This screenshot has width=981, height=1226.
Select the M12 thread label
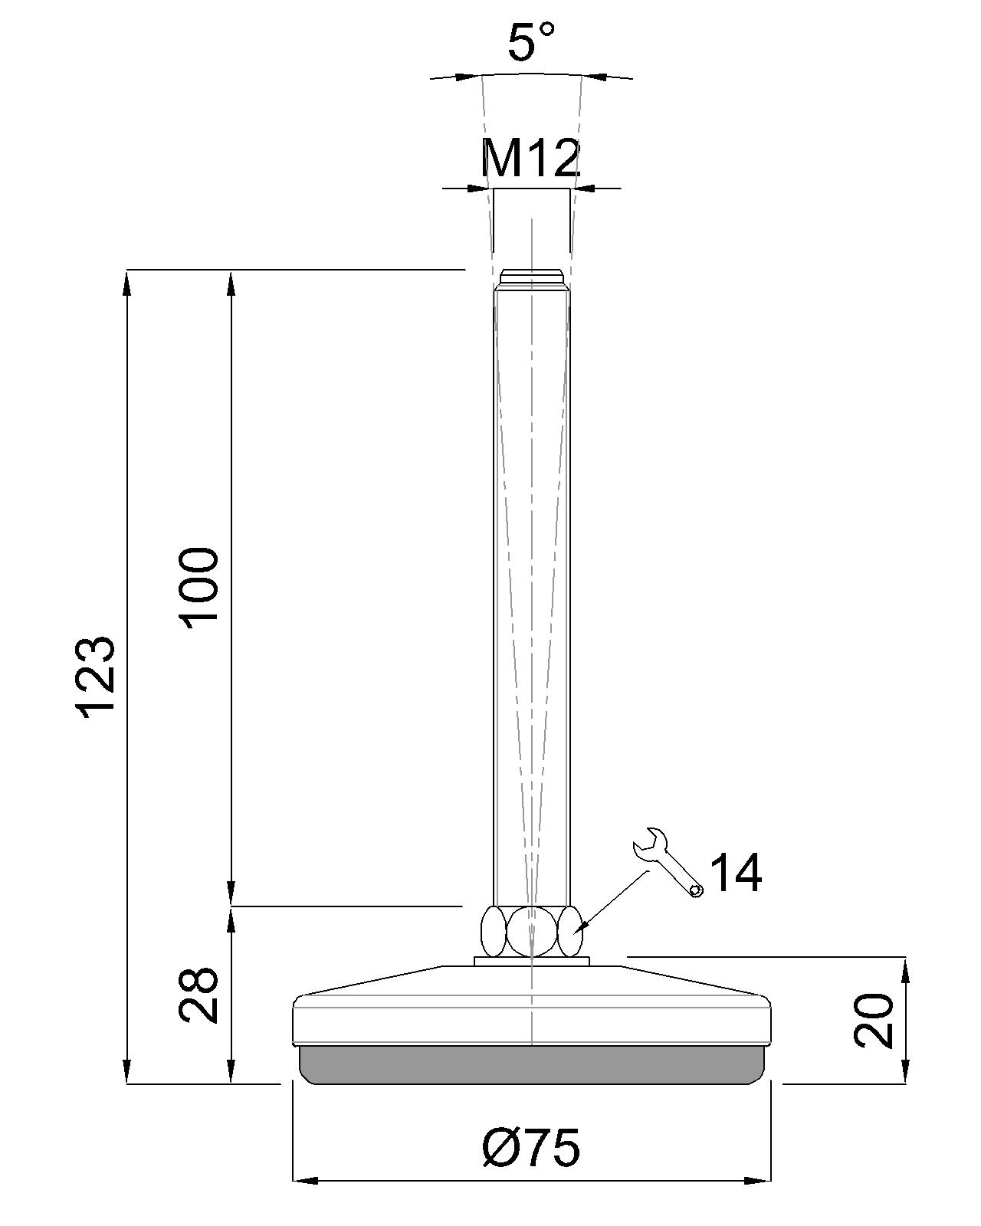(530, 159)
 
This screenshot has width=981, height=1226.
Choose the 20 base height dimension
(874, 1021)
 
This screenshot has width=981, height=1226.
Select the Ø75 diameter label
(530, 1148)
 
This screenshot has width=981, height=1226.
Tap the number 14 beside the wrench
(736, 874)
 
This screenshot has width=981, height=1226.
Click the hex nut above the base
(531, 930)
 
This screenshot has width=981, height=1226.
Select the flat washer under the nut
(531, 961)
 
